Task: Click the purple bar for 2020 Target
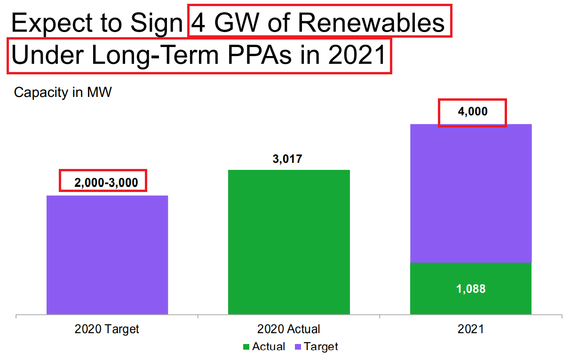pos(107,255)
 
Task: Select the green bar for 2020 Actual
pos(289,242)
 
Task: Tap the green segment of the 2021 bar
pos(471,288)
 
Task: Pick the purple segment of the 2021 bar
pos(471,193)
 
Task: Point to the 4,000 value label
pos(472,112)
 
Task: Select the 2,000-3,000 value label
pos(106,183)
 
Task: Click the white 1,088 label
pos(471,289)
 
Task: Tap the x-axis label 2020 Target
pos(107,329)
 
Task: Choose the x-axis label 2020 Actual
pos(289,329)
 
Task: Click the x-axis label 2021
pos(471,329)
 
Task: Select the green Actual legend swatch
pos(246,347)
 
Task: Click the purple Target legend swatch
pos(297,347)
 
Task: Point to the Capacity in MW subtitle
pos(63,92)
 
